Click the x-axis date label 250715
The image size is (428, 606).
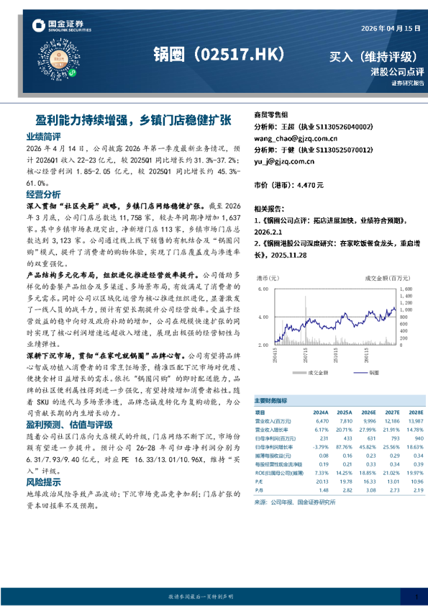(x=306, y=356)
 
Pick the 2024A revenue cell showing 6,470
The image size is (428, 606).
(x=321, y=420)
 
